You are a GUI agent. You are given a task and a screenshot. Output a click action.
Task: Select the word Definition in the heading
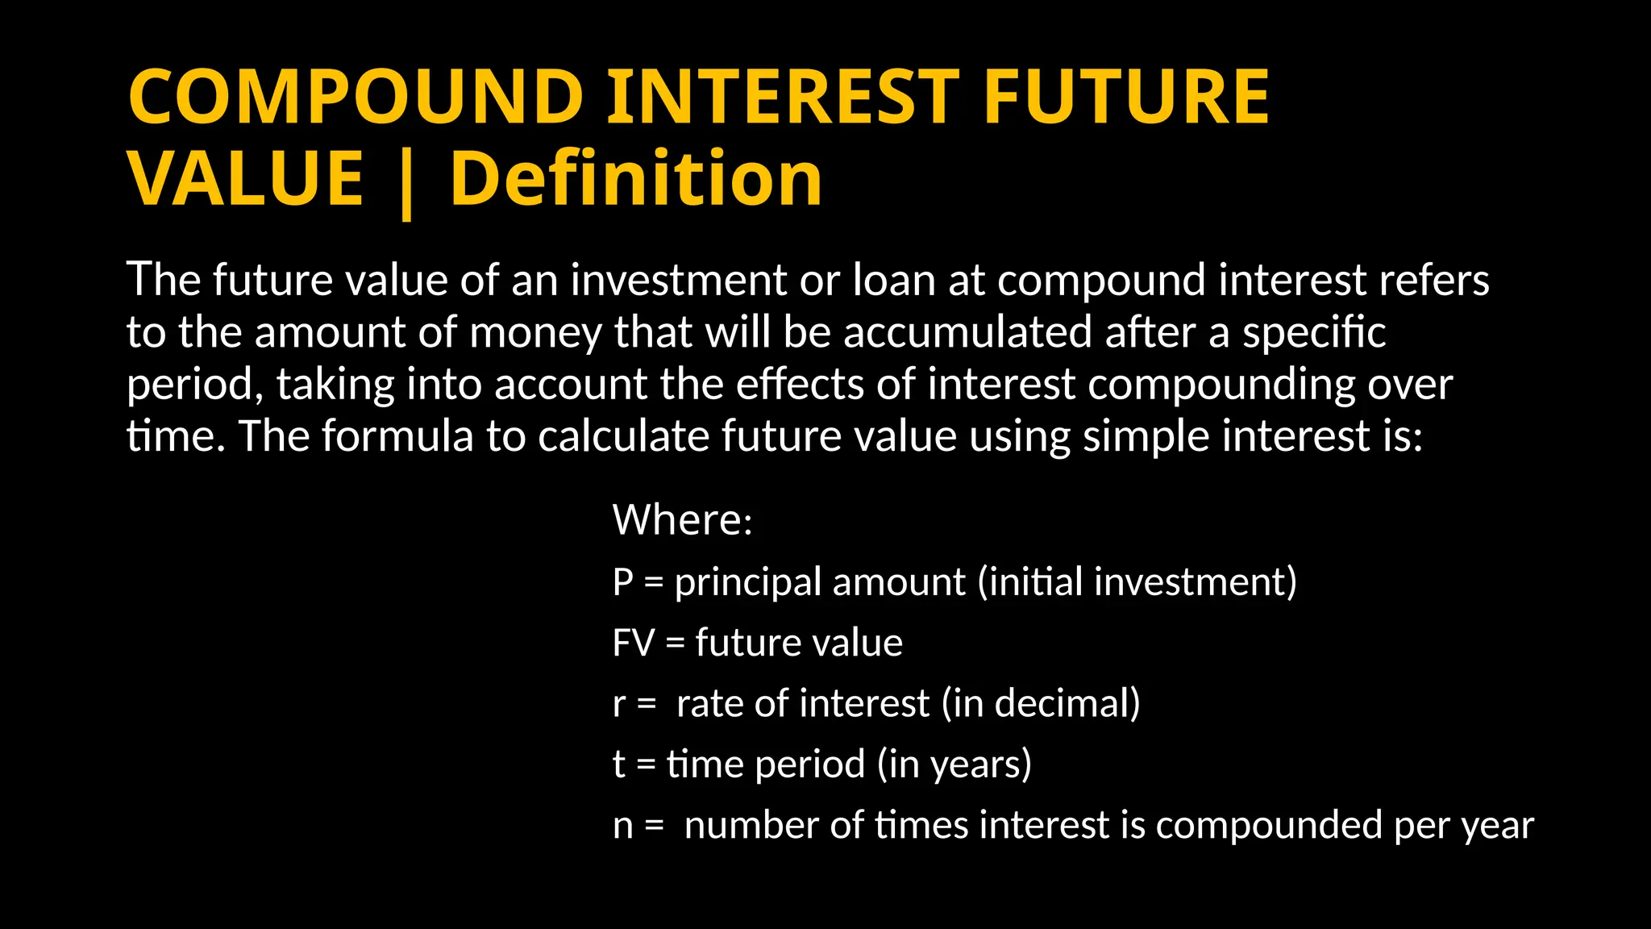click(636, 179)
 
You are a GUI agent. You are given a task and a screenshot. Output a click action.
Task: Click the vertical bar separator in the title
click(406, 184)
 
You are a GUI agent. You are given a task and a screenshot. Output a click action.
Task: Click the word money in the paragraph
click(534, 332)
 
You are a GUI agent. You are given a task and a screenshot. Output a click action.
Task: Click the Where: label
click(682, 520)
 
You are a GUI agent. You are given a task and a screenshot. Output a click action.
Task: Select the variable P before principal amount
click(622, 582)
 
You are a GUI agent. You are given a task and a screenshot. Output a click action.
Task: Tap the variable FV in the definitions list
click(633, 644)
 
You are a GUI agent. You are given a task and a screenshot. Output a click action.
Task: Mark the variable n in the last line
click(622, 826)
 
